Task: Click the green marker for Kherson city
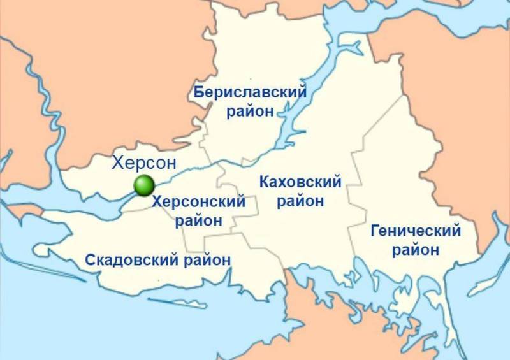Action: [145, 185]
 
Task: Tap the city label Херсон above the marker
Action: [143, 163]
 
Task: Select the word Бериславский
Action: [250, 93]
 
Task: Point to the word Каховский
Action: [300, 183]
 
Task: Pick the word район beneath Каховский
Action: [301, 201]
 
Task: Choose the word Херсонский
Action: [200, 203]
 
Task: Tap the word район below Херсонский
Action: [199, 221]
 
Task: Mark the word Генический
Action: [416, 231]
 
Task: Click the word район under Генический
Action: [416, 250]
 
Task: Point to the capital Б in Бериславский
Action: [199, 93]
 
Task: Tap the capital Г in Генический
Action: [375, 231]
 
